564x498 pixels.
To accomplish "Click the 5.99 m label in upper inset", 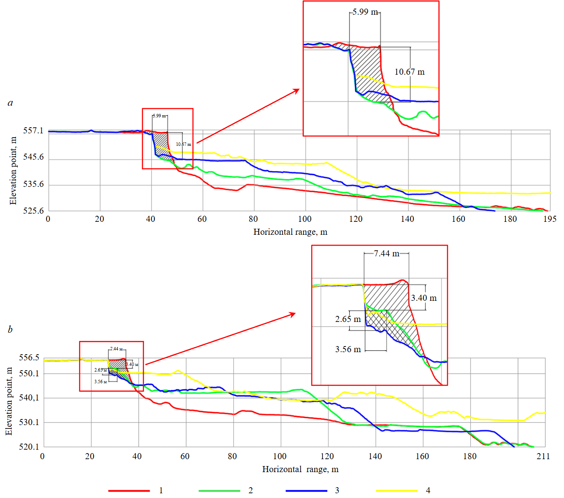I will (365, 12).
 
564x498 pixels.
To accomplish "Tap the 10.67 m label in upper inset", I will (409, 72).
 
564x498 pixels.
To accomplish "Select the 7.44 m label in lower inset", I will (386, 254).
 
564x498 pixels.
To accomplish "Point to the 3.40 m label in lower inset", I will (423, 298).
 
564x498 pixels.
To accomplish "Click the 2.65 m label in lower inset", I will (348, 319).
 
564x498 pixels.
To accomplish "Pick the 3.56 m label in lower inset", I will (348, 350).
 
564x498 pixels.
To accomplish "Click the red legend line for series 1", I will (129, 491).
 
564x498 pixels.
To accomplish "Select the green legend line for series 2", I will (219, 491).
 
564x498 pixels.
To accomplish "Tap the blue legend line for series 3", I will (306, 491).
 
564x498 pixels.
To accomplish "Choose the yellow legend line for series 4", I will (397, 491).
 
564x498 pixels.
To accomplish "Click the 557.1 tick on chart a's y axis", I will (33, 131).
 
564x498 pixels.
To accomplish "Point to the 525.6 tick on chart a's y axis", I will (33, 211).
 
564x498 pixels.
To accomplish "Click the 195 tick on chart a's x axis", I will (550, 219).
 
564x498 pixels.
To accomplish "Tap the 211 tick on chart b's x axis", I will (543, 457).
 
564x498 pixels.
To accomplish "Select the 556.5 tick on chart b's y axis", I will (29, 358).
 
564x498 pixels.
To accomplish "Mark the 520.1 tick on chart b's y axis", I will (29, 447).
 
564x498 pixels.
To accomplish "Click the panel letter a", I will (10, 103).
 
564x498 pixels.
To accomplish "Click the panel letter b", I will (10, 330).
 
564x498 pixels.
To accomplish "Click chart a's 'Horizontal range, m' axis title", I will (290, 232).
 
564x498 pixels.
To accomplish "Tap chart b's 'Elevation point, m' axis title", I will (9, 401).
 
